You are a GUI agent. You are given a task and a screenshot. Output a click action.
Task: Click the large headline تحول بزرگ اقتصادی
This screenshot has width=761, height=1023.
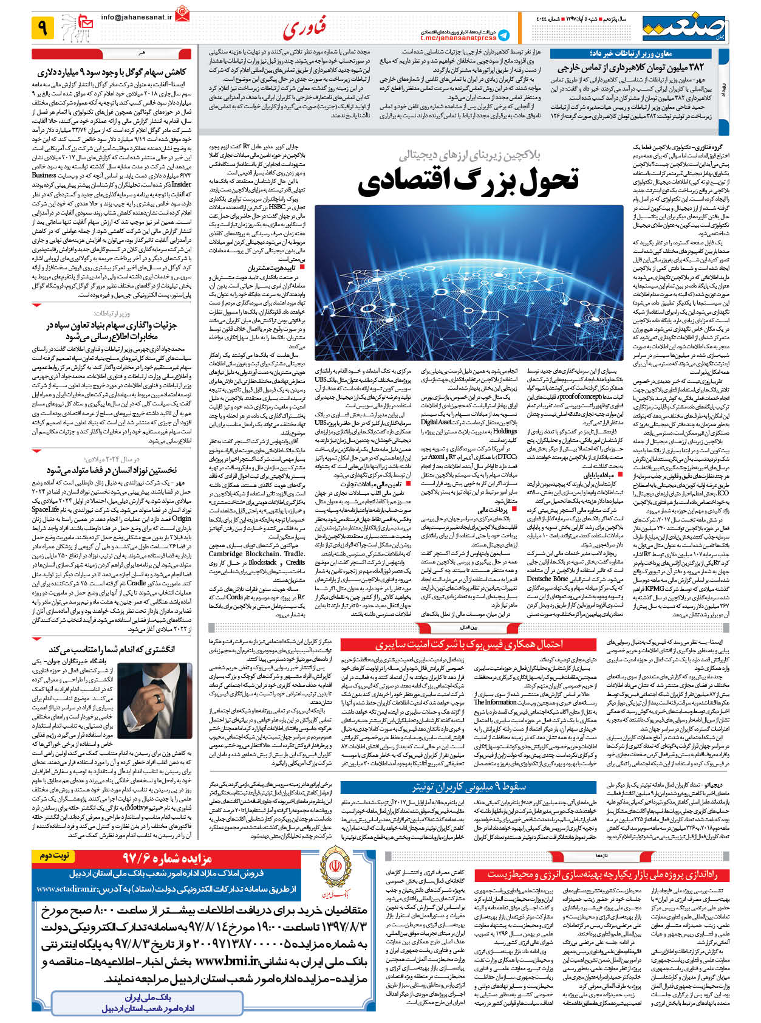pos(468,180)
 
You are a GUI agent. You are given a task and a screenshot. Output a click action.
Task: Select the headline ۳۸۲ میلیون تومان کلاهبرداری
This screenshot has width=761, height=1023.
pos(630,67)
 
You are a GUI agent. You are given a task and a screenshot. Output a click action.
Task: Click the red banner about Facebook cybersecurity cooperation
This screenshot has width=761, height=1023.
pos(468,644)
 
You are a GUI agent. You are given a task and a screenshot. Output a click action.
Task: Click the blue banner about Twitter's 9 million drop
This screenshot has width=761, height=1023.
pos(468,787)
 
